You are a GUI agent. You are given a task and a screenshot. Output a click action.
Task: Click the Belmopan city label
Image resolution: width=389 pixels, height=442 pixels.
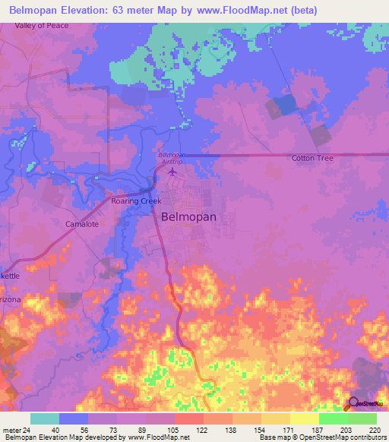coord(189,216)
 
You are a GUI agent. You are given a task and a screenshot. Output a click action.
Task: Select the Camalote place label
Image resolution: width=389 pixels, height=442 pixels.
coord(83,225)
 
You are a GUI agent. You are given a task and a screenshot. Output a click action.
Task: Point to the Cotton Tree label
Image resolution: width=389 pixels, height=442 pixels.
coord(313,158)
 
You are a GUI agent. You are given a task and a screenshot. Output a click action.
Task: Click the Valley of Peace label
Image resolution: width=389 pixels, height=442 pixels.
coord(43,26)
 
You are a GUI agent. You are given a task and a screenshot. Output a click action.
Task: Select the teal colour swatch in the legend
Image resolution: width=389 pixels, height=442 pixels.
coord(45,418)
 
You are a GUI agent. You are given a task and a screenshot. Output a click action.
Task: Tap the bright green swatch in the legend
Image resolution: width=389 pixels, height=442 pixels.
coord(333,418)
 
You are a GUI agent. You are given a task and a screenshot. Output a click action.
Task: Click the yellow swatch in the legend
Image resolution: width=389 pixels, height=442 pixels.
coord(276,418)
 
